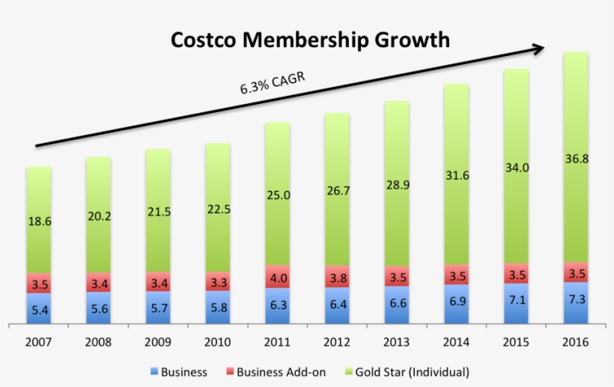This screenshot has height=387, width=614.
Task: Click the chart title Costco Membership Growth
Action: point(310,39)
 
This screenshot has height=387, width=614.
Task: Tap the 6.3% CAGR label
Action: point(273,82)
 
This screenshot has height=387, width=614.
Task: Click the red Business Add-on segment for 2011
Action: point(277,276)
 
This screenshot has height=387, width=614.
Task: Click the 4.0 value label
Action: point(277,278)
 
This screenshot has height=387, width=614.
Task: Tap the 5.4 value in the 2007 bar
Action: point(39,309)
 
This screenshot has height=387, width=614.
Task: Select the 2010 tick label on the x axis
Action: point(217,342)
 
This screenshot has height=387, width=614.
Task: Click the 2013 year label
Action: point(396,342)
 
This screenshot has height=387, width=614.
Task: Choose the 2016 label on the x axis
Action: point(575,342)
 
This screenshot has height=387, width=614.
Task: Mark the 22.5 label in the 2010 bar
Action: point(217,209)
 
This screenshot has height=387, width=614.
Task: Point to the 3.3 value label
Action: point(217,283)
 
